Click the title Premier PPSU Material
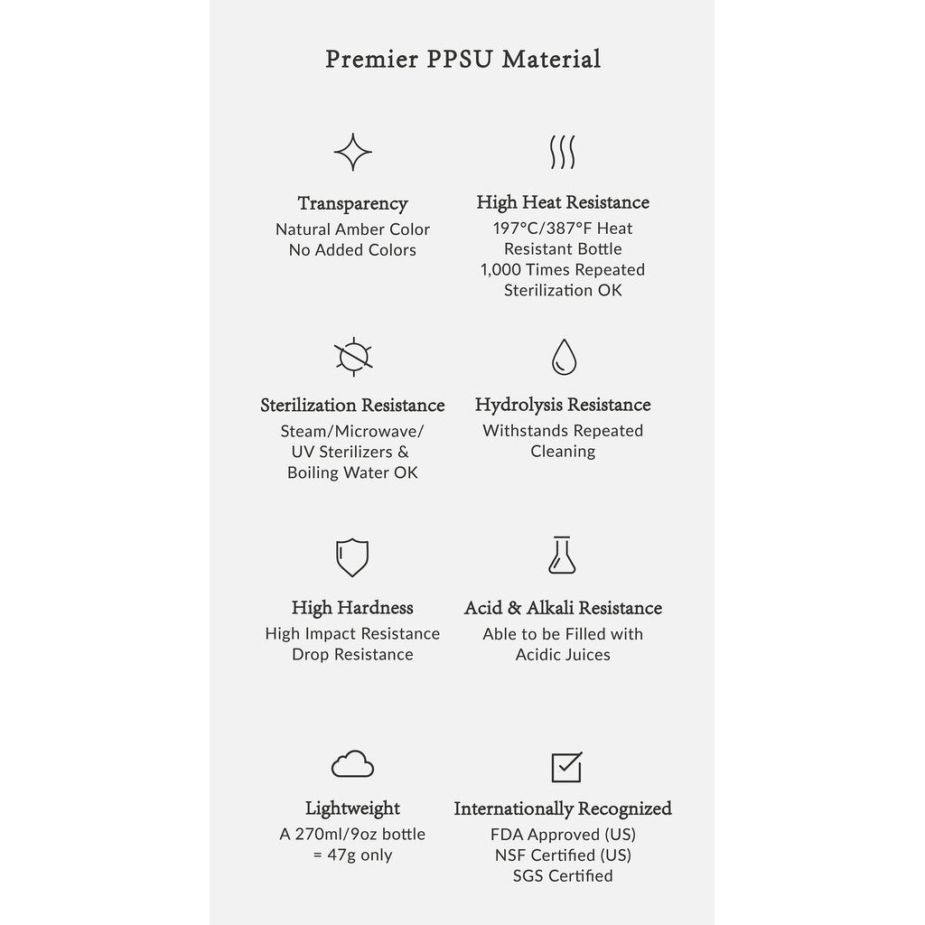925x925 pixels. (x=462, y=60)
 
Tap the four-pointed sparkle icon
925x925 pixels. (x=352, y=152)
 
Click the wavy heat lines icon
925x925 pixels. (x=563, y=153)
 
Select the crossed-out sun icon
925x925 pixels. (x=352, y=356)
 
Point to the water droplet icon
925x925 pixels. (x=563, y=357)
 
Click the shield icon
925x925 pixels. (x=352, y=557)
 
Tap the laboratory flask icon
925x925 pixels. (x=563, y=556)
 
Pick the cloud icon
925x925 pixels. (x=352, y=765)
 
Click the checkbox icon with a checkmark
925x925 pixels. (x=565, y=767)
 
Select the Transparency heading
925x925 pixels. (x=352, y=204)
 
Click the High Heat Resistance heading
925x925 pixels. (x=563, y=202)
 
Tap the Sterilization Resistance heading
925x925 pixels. (x=352, y=405)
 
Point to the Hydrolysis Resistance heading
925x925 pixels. (x=563, y=405)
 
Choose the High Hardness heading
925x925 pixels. (x=352, y=608)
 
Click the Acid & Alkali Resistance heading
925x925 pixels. (x=563, y=608)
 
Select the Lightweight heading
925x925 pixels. (x=352, y=808)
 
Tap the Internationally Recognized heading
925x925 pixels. (x=563, y=808)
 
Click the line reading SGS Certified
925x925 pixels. (x=563, y=875)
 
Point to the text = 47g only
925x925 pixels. (x=352, y=855)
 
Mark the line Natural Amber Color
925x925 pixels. (x=352, y=229)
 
